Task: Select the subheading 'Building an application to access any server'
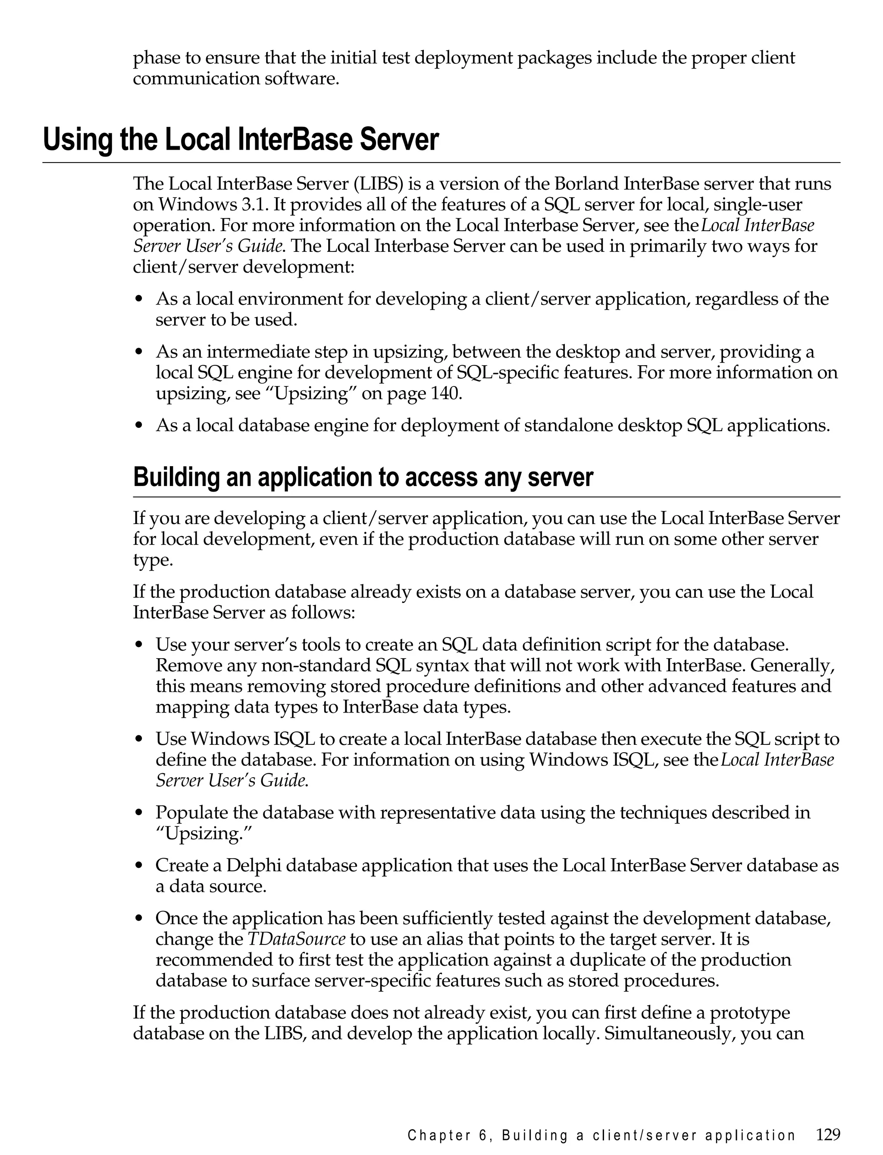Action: pos(363,477)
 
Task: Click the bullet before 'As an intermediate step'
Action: pos(139,352)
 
